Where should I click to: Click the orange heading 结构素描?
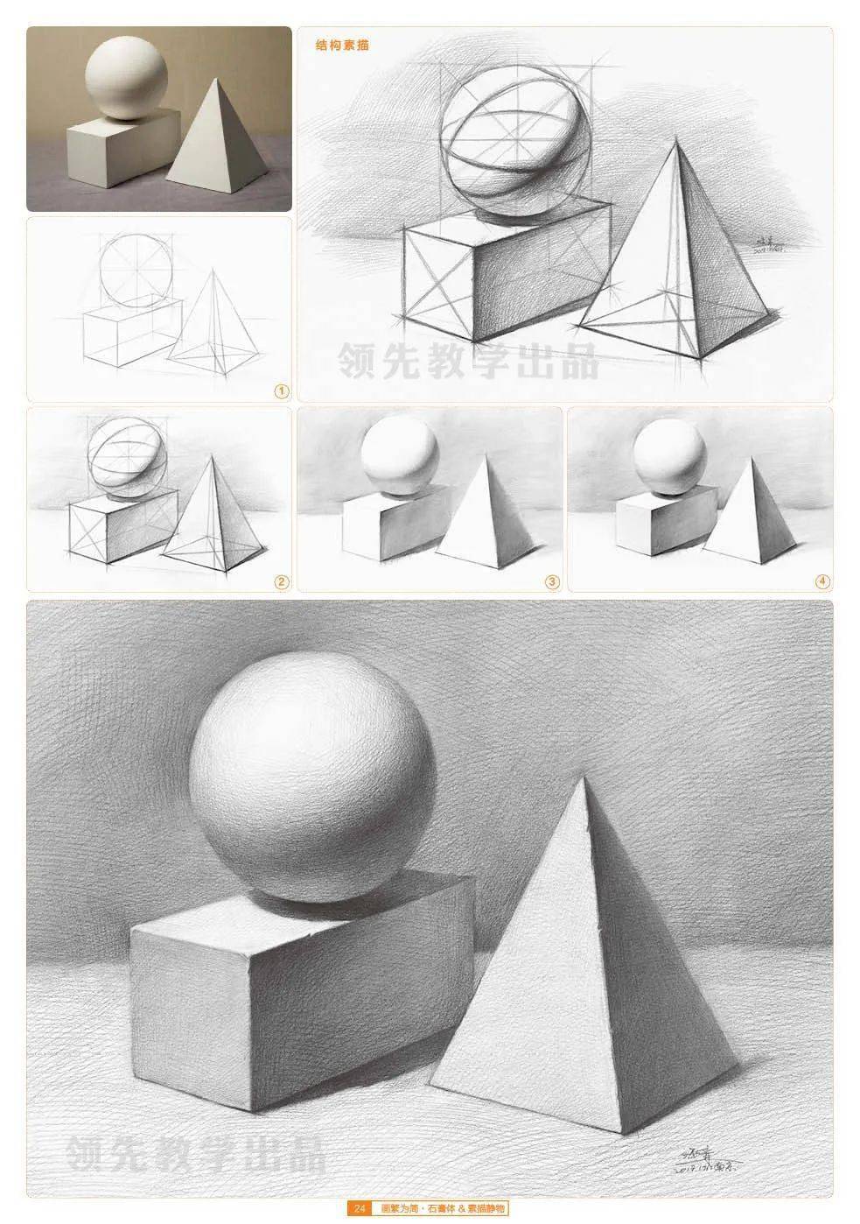pyautogui.click(x=343, y=44)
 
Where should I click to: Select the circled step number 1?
pyautogui.click(x=281, y=391)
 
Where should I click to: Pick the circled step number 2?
pyautogui.click(x=281, y=581)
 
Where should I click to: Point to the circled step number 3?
pyautogui.click(x=551, y=581)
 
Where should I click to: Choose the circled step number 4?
pyautogui.click(x=822, y=581)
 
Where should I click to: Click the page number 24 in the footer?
pyautogui.click(x=360, y=1209)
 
